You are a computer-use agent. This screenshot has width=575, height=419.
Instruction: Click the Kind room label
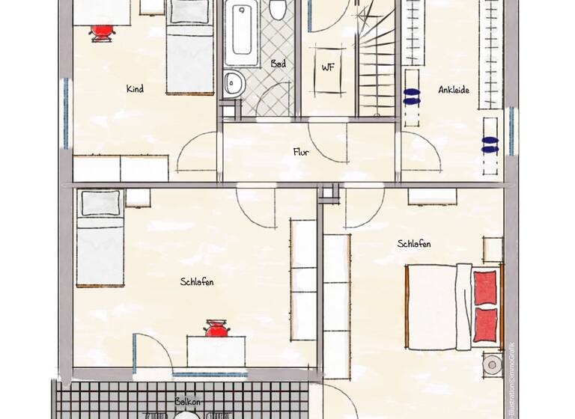[135, 89]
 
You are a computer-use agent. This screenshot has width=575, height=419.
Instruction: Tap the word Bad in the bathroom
[278, 64]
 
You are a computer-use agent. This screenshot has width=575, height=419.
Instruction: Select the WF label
[328, 67]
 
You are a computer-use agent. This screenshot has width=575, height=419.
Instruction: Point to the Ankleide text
[454, 90]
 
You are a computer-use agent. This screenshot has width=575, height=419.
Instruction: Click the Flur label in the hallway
[301, 152]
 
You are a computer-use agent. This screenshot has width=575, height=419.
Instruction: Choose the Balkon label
[187, 402]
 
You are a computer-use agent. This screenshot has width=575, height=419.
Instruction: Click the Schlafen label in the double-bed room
[414, 244]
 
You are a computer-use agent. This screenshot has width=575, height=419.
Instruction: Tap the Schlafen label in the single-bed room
[197, 282]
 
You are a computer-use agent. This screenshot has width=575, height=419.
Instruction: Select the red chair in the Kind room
[103, 31]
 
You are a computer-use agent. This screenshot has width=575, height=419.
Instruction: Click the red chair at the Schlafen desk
[216, 328]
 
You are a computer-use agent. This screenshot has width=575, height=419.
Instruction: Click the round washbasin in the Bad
[232, 84]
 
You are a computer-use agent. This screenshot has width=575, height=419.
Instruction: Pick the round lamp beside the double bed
[491, 365]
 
